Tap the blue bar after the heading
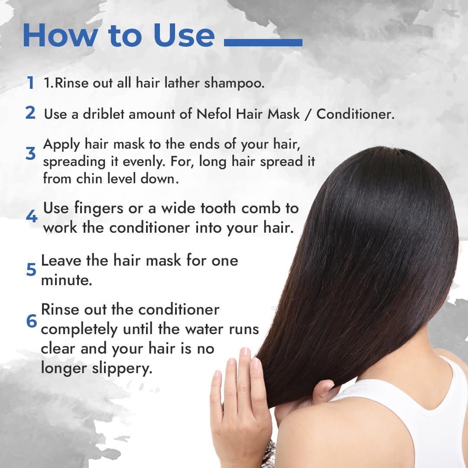pyautogui.click(x=263, y=42)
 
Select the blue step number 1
pyautogui.click(x=30, y=83)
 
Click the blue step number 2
pyautogui.click(x=30, y=113)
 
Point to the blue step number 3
pyautogui.click(x=30, y=154)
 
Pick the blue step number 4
pyautogui.click(x=31, y=216)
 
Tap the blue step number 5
pyautogui.click(x=31, y=270)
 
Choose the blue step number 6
pyautogui.click(x=31, y=321)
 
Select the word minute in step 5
pyautogui.click(x=66, y=280)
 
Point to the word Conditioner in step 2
pyautogui.click(x=355, y=114)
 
